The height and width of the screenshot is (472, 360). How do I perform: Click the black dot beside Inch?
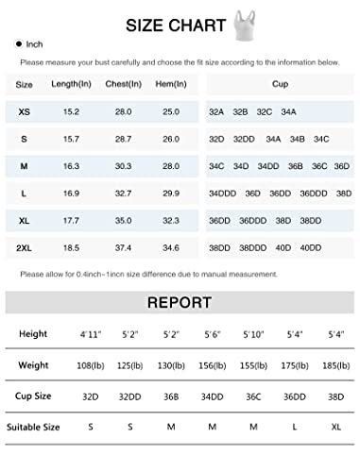pos(19,44)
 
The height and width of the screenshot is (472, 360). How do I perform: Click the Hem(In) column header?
pos(169,84)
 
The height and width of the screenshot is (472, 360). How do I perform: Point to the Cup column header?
pos(280,84)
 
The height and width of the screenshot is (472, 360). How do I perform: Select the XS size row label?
pos(24,111)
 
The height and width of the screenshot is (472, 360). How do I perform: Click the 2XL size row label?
pos(24,247)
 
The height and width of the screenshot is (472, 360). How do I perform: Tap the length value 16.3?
pos(71,166)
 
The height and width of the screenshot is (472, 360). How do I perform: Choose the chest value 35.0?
pos(123,220)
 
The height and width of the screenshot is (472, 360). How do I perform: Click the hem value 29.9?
pos(170,193)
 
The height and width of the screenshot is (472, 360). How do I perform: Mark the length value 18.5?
pos(71,247)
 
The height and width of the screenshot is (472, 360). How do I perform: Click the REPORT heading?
pos(179,304)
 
